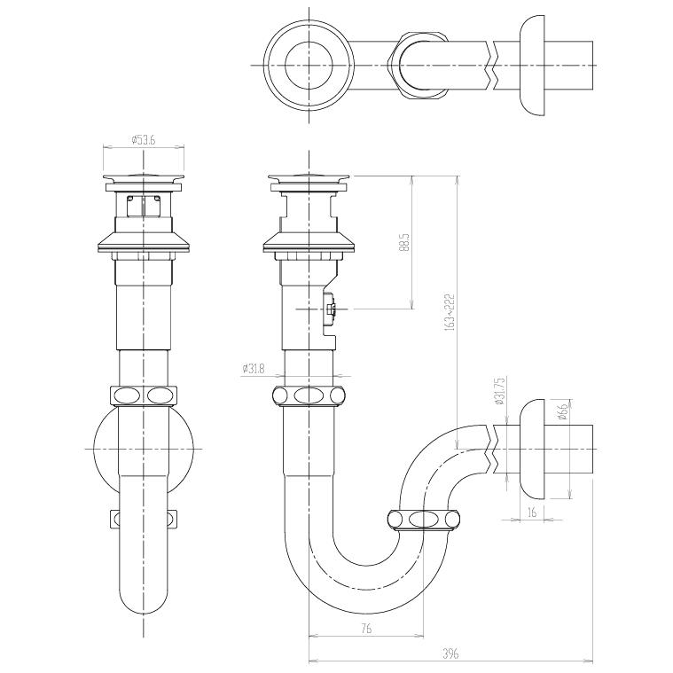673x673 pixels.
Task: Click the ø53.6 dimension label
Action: (x=144, y=140)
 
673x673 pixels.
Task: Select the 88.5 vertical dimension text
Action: (x=404, y=242)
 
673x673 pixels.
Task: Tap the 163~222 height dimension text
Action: (x=450, y=312)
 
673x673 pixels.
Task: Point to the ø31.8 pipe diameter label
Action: (x=254, y=368)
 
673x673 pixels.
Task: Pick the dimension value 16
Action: (x=532, y=512)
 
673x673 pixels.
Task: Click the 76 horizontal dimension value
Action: (x=366, y=629)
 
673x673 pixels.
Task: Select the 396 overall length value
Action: (x=450, y=653)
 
